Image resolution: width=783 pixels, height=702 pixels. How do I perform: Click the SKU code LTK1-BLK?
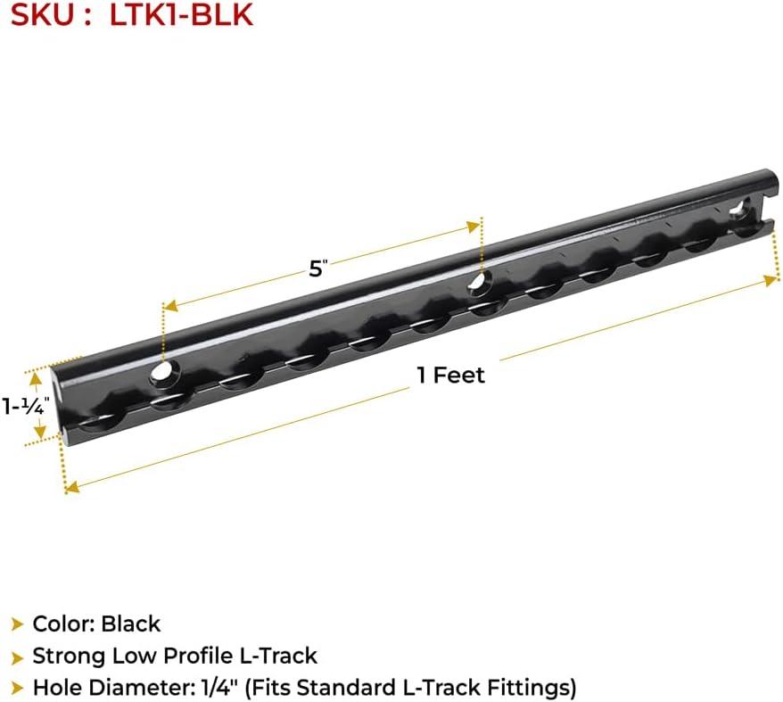[x=181, y=14]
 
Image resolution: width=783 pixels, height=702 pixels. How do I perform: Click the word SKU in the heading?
[x=42, y=14]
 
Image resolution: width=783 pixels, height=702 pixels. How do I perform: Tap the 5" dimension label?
[x=317, y=269]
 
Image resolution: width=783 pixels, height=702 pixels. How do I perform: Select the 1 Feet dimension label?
[x=451, y=375]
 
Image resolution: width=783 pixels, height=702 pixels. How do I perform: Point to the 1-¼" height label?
[x=26, y=406]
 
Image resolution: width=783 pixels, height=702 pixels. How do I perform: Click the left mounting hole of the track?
[x=161, y=373]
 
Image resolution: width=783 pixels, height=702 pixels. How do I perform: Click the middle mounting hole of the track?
[x=480, y=281]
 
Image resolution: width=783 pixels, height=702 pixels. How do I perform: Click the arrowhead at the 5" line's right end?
[x=473, y=227]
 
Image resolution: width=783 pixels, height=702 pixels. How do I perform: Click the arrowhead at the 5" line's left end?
[x=171, y=306]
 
